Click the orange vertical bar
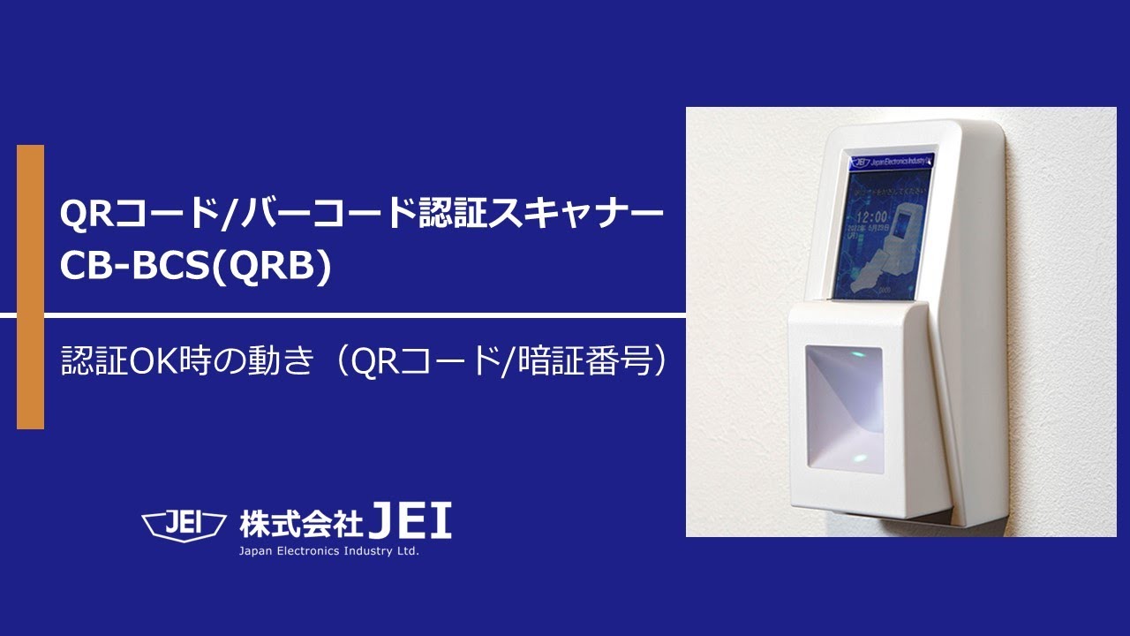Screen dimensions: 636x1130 (x=30, y=287)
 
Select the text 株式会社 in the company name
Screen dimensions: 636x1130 (x=301, y=524)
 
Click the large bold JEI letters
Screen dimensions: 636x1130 (x=411, y=521)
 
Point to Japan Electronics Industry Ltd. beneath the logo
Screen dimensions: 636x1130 (x=328, y=552)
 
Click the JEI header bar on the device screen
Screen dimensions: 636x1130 (x=892, y=161)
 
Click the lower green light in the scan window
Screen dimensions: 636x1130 (x=858, y=458)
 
